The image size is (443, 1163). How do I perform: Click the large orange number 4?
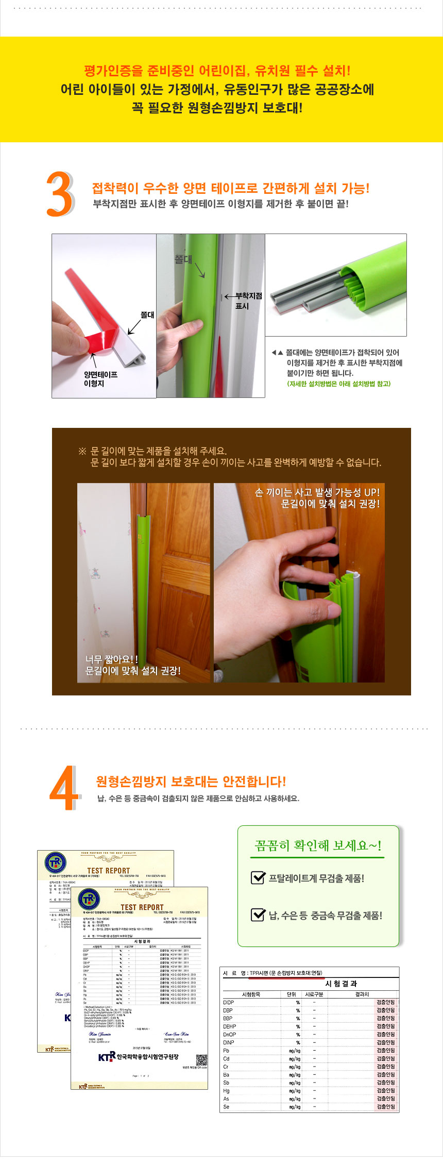tap(63, 789)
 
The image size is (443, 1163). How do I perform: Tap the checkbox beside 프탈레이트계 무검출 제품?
tap(258, 877)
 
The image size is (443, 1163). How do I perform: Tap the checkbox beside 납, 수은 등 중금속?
tap(258, 915)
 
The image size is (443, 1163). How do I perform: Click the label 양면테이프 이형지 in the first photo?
tap(100, 379)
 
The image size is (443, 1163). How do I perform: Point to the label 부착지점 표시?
tap(248, 301)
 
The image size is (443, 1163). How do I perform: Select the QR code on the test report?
tap(201, 1060)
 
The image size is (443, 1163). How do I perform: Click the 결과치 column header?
tap(362, 994)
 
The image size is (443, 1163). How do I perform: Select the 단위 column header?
tap(292, 994)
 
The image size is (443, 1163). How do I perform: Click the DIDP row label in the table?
tap(228, 1002)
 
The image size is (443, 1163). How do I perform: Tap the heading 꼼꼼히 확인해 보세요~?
tap(318, 845)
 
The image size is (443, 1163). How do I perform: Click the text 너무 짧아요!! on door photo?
tap(111, 659)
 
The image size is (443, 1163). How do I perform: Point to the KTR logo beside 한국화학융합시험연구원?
tap(107, 1057)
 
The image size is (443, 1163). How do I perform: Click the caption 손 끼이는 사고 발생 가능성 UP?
tap(317, 492)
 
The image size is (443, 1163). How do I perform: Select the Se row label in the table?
tap(226, 1107)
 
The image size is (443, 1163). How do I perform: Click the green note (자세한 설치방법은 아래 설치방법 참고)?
tap(338, 384)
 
